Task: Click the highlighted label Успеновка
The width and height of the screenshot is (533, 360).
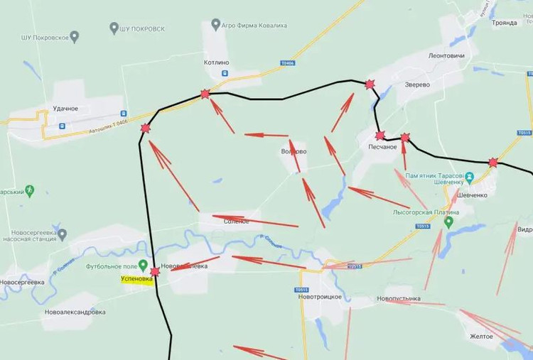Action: click(x=132, y=280)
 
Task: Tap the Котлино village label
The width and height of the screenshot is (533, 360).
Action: click(x=217, y=62)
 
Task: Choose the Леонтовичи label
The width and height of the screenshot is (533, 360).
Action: click(x=446, y=55)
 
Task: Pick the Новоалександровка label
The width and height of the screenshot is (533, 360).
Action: click(x=75, y=312)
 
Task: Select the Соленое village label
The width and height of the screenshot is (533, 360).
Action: click(x=237, y=222)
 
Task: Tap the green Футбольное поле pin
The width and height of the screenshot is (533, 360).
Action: click(x=142, y=266)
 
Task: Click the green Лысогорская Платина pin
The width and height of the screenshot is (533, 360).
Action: click(x=448, y=222)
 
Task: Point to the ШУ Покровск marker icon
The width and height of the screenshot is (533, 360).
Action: click(x=114, y=28)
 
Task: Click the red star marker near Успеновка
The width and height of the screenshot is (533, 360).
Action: click(x=155, y=271)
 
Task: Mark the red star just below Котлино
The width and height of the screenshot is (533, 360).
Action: click(x=205, y=93)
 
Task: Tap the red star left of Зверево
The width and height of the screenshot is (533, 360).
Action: click(x=369, y=84)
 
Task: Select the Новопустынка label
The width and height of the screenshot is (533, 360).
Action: click(x=399, y=299)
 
